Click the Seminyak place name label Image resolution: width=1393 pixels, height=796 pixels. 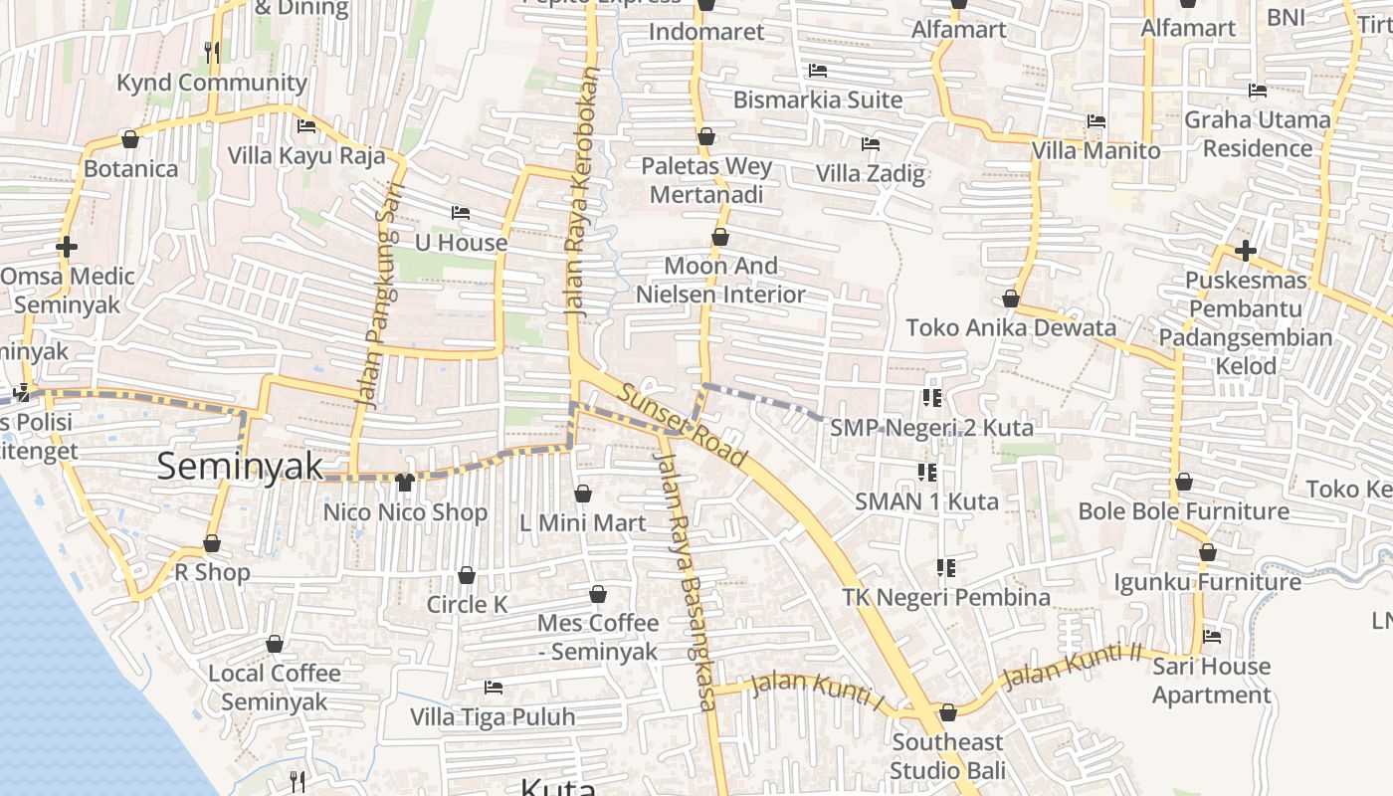pyautogui.click(x=240, y=466)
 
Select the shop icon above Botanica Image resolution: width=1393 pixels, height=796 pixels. pyautogui.click(x=129, y=139)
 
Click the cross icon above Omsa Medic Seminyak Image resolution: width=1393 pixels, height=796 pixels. pyautogui.click(x=67, y=247)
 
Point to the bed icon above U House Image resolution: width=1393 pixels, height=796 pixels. pyautogui.click(x=460, y=213)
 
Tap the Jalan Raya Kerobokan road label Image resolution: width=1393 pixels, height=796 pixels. pyautogui.click(x=583, y=191)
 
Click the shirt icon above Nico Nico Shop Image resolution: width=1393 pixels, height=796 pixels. pyautogui.click(x=404, y=484)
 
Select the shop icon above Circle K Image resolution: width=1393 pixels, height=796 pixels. pyautogui.click(x=466, y=575)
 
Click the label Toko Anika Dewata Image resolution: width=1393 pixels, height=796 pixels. pyautogui.click(x=1011, y=327)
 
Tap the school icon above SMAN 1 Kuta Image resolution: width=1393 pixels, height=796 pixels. pyautogui.click(x=927, y=472)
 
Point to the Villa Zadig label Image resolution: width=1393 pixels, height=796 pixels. pyautogui.click(x=871, y=173)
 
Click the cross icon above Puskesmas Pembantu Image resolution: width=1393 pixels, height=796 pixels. pyautogui.click(x=1245, y=251)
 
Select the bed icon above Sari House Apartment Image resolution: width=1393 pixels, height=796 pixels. pyautogui.click(x=1211, y=637)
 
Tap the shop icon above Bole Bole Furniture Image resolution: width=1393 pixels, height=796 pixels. pyautogui.click(x=1183, y=483)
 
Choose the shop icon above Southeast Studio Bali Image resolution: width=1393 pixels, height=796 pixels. pyautogui.click(x=947, y=713)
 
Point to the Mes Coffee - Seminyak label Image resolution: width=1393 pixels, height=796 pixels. pyautogui.click(x=598, y=637)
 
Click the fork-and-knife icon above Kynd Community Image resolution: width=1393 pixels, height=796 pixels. pyautogui.click(x=212, y=53)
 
